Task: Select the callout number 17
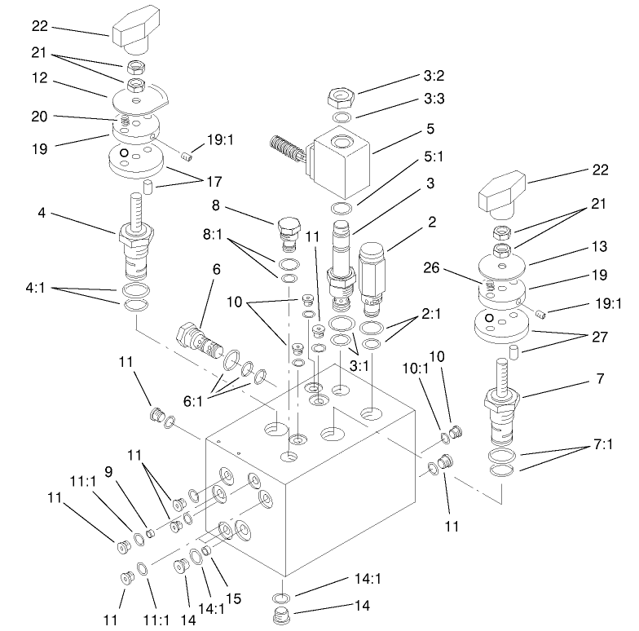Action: point(214,180)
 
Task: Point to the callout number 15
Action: point(234,598)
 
